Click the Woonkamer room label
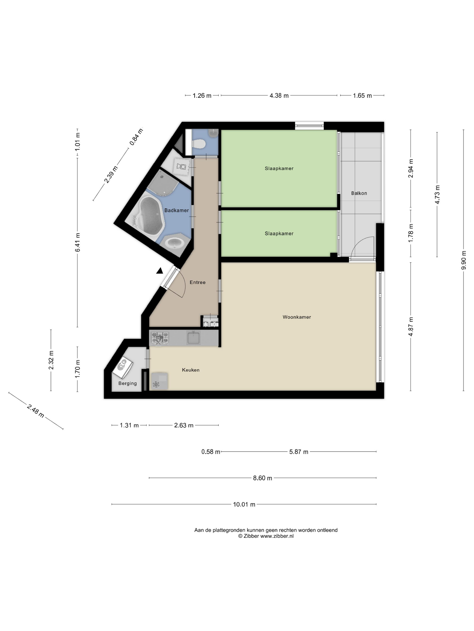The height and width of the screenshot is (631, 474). (297, 317)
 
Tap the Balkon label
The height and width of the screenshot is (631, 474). (359, 193)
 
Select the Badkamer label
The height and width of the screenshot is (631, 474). (177, 210)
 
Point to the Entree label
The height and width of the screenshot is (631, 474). (197, 282)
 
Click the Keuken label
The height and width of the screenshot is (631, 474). (191, 370)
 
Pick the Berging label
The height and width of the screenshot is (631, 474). (128, 383)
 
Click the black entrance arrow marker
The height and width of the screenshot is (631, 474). (159, 271)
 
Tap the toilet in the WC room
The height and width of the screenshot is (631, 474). (198, 143)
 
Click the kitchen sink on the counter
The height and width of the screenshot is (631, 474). (193, 338)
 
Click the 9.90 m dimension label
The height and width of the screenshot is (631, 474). (463, 260)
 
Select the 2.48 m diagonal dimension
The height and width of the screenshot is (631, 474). (35, 411)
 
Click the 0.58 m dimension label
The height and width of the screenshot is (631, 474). (211, 452)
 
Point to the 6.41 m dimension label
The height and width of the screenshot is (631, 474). (77, 242)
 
